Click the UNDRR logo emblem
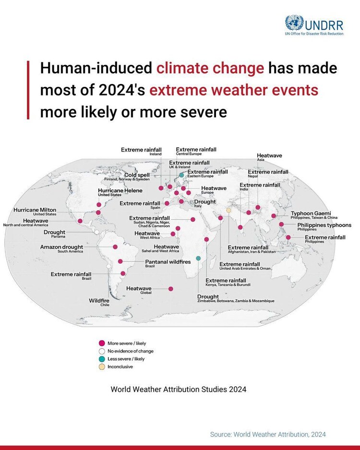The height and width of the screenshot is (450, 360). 294,23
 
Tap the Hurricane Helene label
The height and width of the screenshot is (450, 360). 120,192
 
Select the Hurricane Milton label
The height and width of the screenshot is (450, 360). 35,212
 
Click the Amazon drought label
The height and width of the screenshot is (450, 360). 61,249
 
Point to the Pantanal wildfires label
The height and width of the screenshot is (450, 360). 168,263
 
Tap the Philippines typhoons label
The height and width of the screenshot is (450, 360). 324,226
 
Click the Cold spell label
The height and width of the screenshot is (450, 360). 127,177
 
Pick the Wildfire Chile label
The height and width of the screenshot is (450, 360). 99,302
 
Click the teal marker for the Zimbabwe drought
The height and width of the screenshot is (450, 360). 198,258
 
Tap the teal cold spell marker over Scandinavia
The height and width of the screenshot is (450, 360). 181,175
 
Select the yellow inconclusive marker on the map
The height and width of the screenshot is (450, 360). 228,210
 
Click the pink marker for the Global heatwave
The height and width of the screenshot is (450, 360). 170,289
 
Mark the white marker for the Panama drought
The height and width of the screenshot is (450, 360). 97,232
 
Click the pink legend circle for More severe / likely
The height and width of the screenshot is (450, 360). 102,343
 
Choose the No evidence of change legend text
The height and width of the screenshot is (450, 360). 131,351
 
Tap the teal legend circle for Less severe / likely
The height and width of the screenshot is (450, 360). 102,359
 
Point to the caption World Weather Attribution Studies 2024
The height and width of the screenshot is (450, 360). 178,390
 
